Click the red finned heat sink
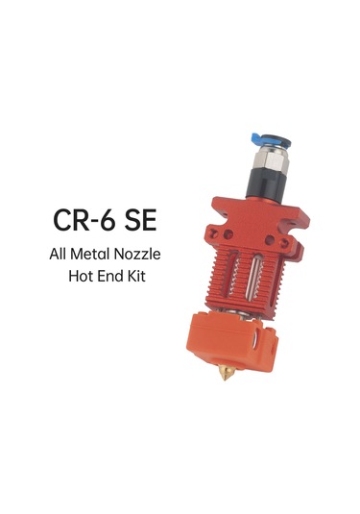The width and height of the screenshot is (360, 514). pyautogui.click(x=245, y=279)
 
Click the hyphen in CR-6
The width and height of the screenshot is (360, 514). pyautogui.click(x=94, y=221)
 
